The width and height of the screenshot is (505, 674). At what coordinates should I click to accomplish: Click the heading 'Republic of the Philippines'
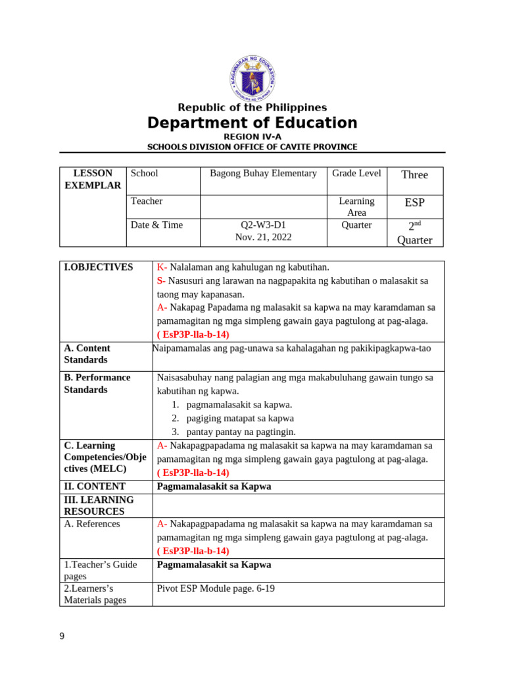click(252, 107)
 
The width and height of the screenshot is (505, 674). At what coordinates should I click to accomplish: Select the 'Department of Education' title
click(252, 123)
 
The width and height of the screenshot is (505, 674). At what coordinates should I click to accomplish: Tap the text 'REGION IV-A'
click(252, 136)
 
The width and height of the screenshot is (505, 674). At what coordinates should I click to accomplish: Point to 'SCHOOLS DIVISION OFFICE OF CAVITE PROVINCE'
click(252, 147)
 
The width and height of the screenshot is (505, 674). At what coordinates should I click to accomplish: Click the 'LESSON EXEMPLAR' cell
click(93, 180)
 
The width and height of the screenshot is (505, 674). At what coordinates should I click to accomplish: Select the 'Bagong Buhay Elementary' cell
click(263, 174)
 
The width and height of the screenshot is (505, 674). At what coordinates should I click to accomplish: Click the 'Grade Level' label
click(356, 174)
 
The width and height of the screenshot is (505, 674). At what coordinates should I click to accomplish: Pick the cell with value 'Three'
click(414, 174)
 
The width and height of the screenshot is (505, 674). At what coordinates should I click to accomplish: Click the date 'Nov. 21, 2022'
click(263, 237)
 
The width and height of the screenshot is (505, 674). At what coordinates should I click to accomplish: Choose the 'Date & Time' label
click(156, 225)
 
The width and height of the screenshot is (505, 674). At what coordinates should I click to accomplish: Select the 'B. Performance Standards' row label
click(97, 384)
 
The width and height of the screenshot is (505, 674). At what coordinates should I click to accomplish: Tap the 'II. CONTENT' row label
click(95, 487)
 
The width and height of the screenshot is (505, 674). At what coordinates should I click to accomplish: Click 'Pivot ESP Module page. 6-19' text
click(216, 589)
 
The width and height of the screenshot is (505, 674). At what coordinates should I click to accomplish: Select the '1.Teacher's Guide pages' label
click(101, 571)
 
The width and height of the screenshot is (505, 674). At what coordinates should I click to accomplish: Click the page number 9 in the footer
click(62, 636)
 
